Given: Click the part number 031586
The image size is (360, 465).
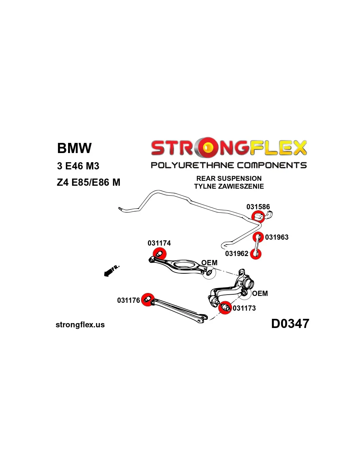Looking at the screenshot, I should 258,207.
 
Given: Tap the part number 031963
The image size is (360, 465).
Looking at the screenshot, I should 277,237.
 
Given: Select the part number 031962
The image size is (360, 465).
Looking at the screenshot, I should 237,253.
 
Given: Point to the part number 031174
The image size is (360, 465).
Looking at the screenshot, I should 159,243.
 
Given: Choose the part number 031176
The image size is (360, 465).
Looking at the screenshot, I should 128,300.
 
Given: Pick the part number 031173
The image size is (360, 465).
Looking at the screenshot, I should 244,308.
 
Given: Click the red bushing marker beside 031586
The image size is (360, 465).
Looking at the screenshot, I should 258,216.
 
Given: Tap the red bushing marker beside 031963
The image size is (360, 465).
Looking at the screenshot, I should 258,236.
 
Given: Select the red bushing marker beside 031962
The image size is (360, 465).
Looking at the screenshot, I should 256,253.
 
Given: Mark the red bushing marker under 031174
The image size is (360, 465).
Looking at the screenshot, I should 160,254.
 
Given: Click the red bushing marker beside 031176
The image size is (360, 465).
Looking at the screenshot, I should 148,299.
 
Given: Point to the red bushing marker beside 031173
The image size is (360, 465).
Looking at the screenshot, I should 225,307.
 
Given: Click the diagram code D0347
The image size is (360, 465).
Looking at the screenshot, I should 290,324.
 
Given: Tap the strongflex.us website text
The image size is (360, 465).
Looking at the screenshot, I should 80,325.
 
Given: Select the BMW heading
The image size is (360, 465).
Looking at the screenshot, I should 74,148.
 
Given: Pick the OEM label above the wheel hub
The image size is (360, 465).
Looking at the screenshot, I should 209,263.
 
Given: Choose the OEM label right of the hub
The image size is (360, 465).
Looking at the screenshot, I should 260,293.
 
